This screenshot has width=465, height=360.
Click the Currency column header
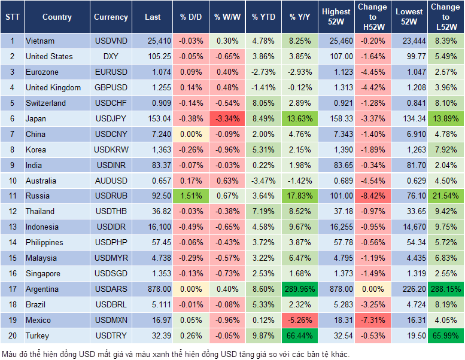click(x=111, y=17)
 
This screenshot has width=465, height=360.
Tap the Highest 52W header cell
click(x=336, y=17)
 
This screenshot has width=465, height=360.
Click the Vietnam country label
click(x=40, y=41)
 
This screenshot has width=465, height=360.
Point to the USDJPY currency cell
click(x=111, y=118)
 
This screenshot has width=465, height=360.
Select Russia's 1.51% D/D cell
click(x=190, y=196)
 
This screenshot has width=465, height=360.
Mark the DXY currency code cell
click(x=111, y=56)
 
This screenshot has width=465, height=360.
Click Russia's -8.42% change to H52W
click(x=372, y=196)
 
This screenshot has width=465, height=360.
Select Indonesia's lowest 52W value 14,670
click(x=410, y=227)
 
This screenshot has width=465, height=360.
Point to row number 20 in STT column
click(x=13, y=335)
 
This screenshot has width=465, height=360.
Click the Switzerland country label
click(x=45, y=103)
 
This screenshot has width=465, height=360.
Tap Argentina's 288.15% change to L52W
click(x=445, y=289)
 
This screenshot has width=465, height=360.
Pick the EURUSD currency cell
click(x=111, y=72)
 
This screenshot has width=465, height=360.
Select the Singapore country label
click(x=43, y=273)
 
